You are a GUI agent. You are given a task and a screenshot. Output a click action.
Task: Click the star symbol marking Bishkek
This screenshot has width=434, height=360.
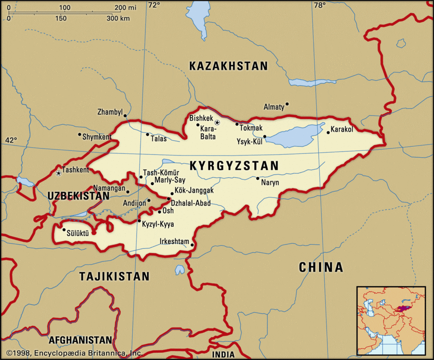217,123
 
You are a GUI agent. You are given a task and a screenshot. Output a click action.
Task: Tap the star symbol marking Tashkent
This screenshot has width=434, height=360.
58,173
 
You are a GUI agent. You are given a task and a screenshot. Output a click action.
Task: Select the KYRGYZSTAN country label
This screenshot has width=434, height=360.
234,166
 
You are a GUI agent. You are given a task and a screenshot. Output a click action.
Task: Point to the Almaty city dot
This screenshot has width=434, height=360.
287,104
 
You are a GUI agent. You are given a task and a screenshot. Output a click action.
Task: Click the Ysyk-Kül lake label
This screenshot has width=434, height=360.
249,141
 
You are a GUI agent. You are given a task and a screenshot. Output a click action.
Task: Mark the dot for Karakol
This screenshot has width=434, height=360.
328,133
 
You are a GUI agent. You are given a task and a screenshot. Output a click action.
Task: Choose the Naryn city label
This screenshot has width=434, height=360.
271,183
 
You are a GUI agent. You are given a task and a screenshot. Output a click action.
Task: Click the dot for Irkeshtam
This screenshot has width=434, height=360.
192,245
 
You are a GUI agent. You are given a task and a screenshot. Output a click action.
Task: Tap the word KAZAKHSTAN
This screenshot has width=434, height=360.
228,66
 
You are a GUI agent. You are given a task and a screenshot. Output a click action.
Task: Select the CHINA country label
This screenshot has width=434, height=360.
321,267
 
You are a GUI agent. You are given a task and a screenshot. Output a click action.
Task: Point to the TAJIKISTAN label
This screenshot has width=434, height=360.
114,276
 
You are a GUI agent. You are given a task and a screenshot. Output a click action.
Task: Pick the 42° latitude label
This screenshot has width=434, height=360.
11,140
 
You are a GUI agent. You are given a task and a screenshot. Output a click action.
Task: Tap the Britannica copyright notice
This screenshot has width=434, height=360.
74,353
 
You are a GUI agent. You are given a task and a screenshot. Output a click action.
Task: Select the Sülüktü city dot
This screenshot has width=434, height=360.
64,230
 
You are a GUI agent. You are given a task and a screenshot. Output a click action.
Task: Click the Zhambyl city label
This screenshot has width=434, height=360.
110,112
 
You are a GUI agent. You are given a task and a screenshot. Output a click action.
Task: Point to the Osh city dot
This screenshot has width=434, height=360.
159,212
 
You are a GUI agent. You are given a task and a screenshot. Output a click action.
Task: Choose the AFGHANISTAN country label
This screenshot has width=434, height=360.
81,340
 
